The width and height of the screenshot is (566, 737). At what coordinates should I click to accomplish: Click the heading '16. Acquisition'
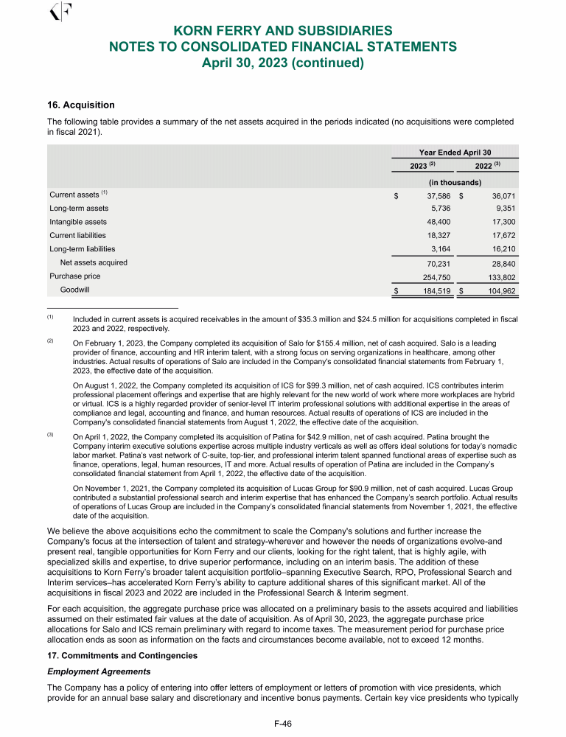81,105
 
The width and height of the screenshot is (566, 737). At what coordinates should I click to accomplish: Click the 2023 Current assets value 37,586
435,196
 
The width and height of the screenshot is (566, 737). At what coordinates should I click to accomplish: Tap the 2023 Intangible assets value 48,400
435,222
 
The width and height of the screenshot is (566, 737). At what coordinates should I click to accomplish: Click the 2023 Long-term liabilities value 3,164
438,249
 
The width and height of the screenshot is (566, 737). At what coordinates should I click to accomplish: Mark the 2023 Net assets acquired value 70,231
435,263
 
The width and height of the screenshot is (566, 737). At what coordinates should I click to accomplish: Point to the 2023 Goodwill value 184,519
433,291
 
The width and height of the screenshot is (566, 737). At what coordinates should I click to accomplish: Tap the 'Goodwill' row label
74,290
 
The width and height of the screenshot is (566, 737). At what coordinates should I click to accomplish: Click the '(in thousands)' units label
455,182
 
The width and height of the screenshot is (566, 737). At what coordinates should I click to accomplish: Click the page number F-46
283,724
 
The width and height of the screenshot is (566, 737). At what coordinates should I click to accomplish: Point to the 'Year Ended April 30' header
455,152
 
